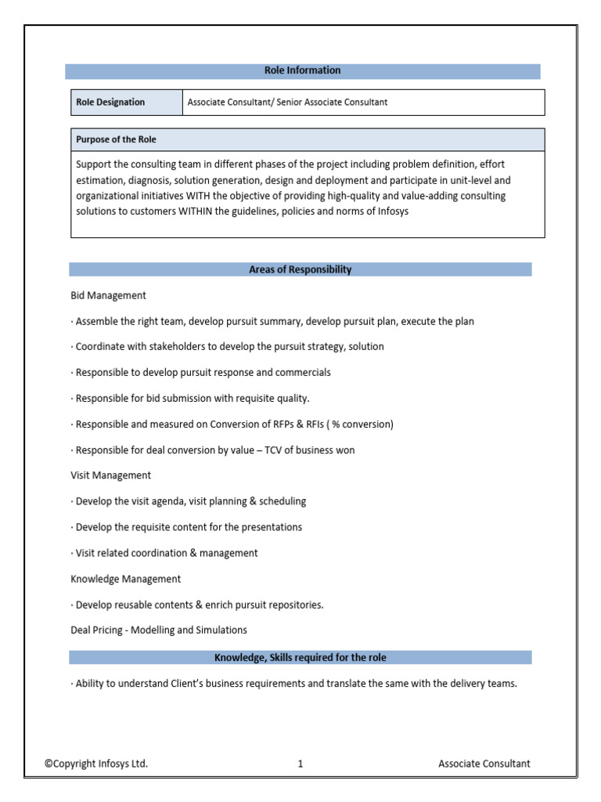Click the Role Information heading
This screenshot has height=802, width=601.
(302, 70)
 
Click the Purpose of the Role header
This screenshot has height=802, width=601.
(116, 139)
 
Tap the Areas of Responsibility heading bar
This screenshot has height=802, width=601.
(300, 269)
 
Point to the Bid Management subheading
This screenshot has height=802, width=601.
(108, 295)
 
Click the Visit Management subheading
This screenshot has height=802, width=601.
(110, 475)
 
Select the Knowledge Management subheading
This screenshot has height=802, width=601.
(125, 579)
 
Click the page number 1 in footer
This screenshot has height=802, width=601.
(300, 764)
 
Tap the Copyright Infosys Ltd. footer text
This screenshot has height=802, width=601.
(95, 764)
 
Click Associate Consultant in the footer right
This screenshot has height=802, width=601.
(484, 764)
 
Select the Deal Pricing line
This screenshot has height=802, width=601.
(158, 630)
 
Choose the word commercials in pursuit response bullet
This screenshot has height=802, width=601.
(301, 372)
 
